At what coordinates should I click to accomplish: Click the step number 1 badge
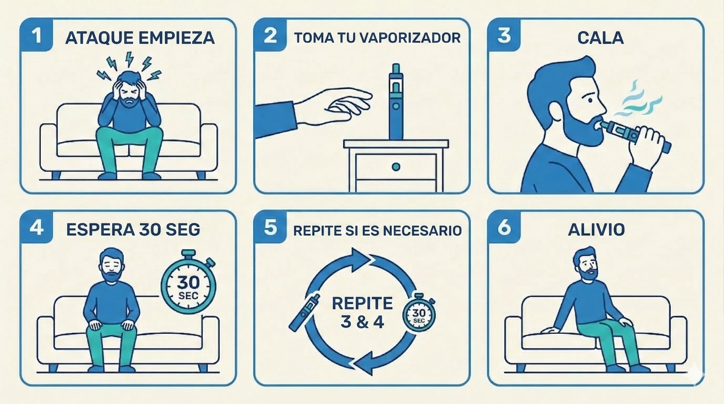tap(36, 35)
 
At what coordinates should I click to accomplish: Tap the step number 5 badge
tap(270, 227)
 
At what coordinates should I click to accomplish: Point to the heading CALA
tap(600, 38)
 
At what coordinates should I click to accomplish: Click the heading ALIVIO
tap(596, 230)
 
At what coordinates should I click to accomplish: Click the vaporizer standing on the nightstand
tap(396, 102)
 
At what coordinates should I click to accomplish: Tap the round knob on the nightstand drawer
tap(396, 167)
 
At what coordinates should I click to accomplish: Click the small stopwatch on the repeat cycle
tap(419, 313)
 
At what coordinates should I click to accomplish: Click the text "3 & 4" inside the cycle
tap(362, 322)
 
